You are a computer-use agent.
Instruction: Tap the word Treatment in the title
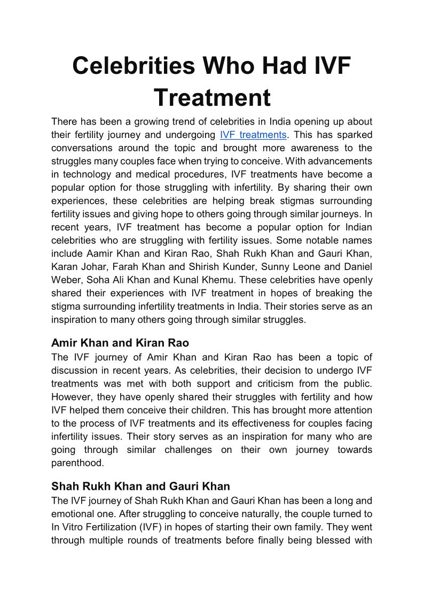[212, 98]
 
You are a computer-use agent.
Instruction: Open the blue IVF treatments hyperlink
[253, 135]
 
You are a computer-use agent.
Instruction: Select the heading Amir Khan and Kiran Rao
[120, 343]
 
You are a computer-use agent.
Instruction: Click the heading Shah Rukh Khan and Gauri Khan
[140, 486]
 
